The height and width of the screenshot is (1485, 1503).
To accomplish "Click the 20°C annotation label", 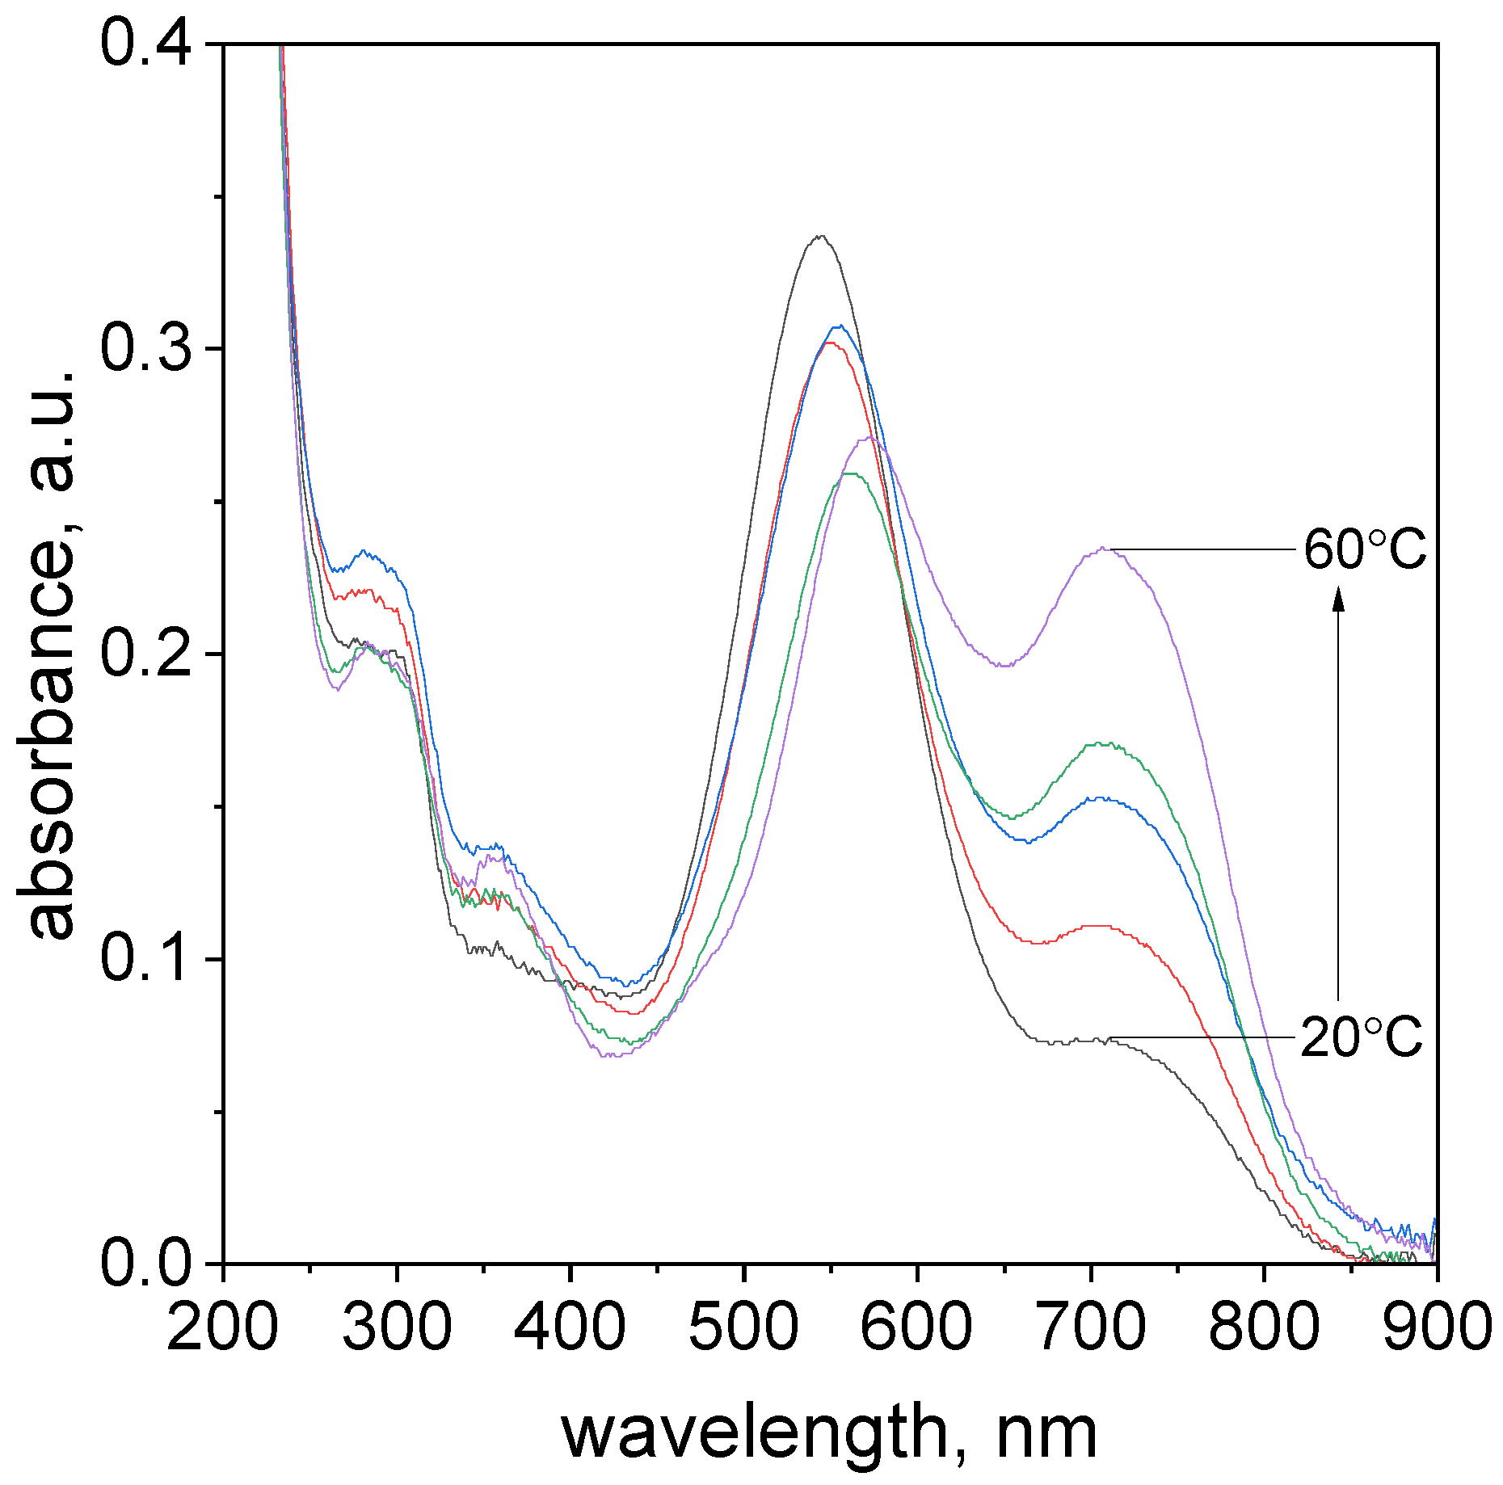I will [1361, 1037].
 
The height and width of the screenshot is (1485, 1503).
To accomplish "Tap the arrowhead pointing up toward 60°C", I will [1338, 599].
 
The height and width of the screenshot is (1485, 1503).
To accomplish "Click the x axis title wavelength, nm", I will [829, 1433].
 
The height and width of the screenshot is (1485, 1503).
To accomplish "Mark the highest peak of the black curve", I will [821, 236].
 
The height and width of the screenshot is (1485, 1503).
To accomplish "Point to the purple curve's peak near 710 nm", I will [1102, 549].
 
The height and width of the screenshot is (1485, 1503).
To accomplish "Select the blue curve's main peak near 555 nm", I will [840, 326].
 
